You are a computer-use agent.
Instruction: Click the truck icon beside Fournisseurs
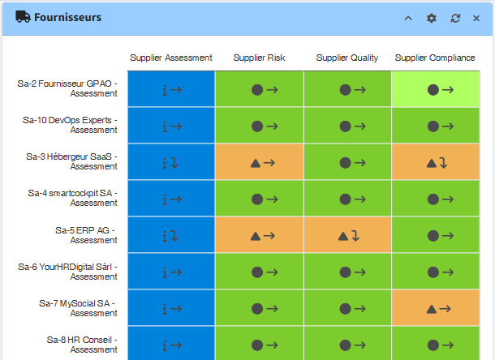tap(23, 17)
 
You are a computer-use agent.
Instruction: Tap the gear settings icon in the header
tap(432, 18)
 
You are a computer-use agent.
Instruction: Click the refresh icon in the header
tap(455, 18)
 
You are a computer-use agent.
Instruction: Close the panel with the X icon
tap(476, 18)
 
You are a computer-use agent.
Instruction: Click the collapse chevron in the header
tap(408, 18)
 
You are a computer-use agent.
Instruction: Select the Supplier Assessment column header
tap(171, 58)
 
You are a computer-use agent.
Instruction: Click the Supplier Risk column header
tap(260, 58)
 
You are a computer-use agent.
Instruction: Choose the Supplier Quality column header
tap(347, 58)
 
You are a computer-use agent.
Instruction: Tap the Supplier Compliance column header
tap(435, 58)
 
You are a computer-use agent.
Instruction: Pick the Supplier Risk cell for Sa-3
tap(260, 162)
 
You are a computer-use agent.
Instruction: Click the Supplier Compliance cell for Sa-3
tap(436, 162)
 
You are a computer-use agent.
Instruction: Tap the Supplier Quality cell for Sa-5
tap(347, 236)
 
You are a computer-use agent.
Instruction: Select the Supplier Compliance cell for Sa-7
tap(436, 308)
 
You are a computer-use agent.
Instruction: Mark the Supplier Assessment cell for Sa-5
tap(171, 236)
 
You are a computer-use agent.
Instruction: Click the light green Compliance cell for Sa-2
tap(436, 89)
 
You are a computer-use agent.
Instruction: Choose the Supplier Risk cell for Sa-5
tap(260, 236)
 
